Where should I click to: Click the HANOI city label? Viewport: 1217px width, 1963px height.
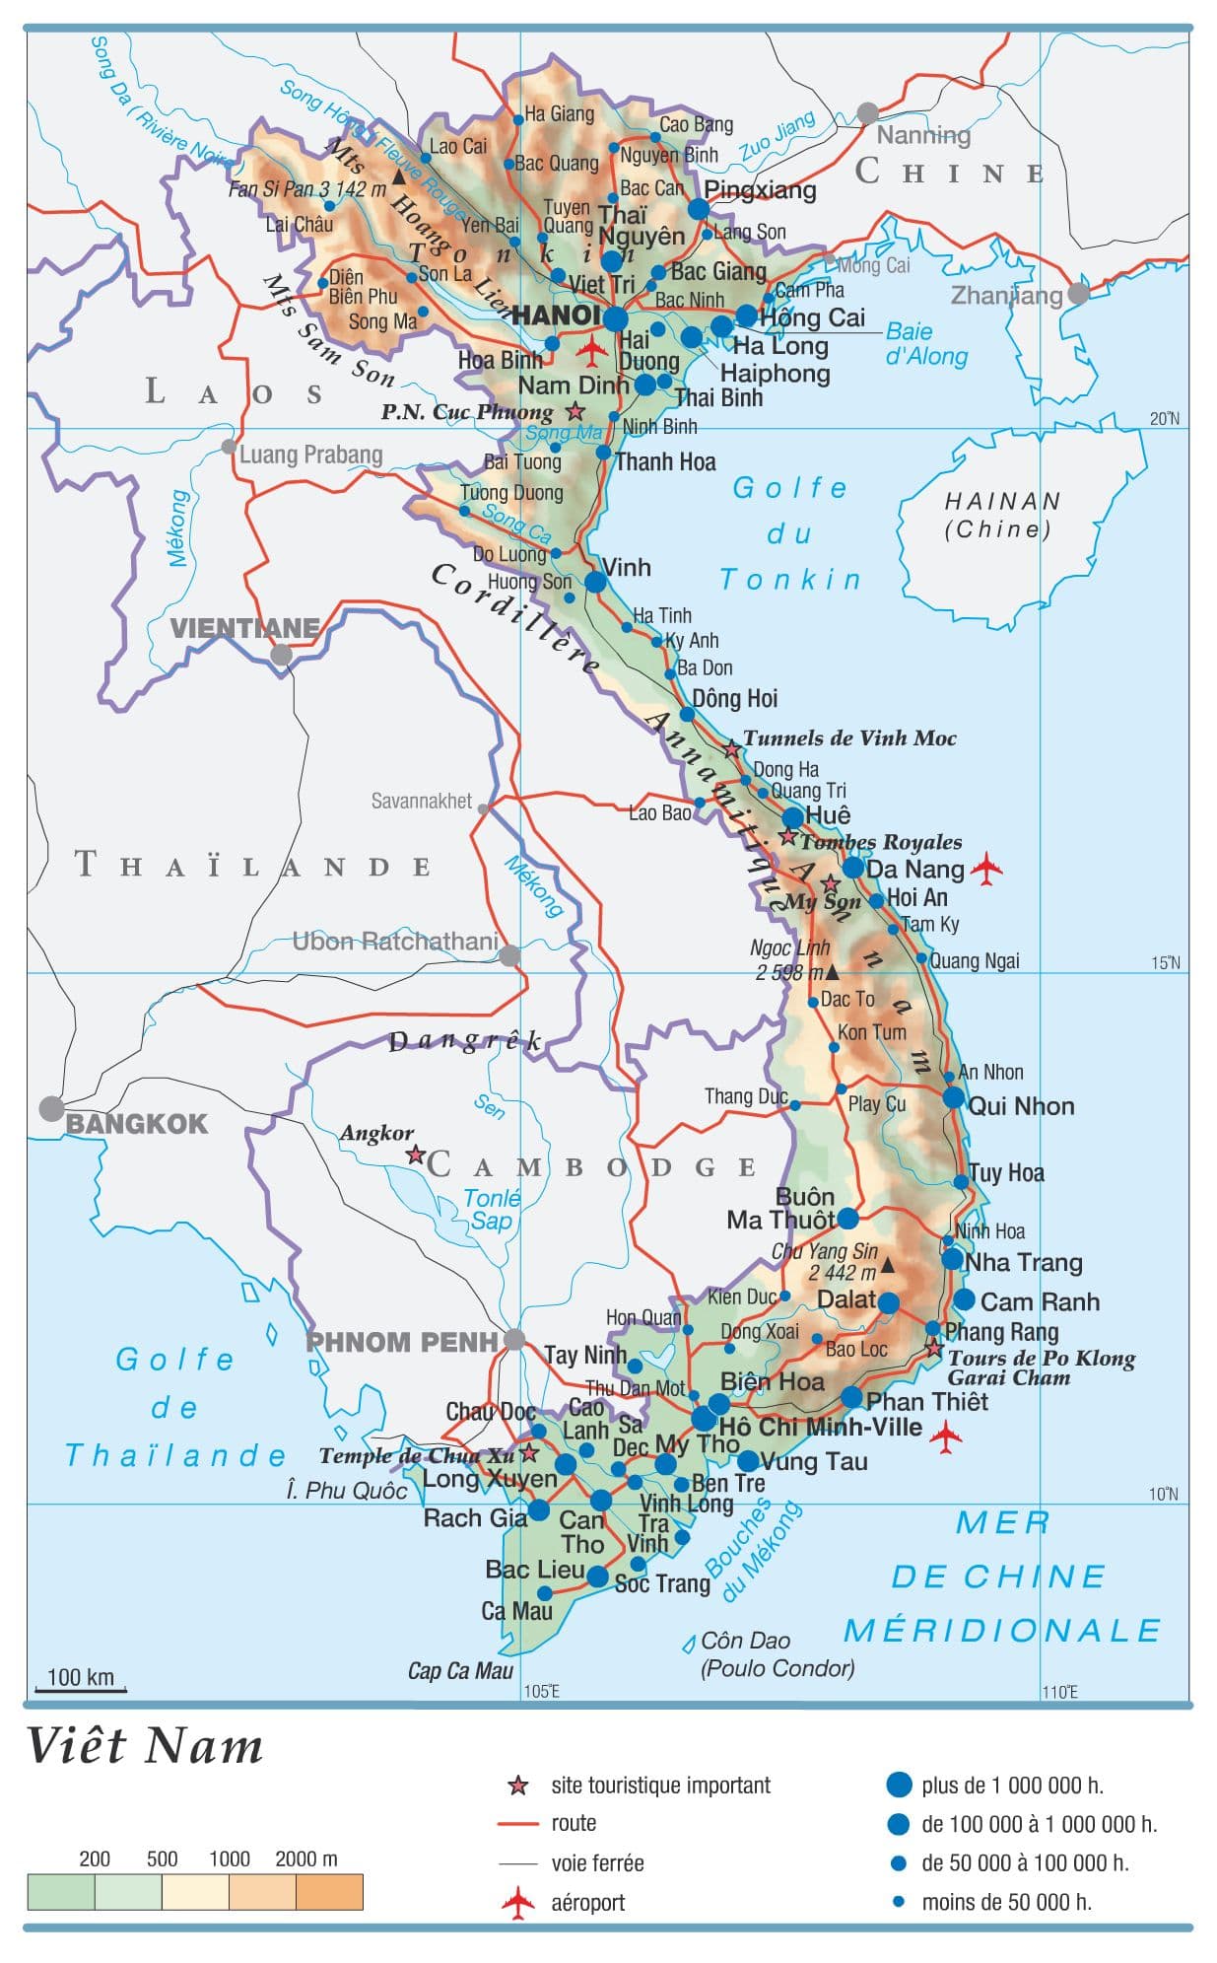[555, 315]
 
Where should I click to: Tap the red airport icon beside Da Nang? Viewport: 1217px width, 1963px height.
[986, 869]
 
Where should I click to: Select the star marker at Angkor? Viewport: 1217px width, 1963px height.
[416, 1154]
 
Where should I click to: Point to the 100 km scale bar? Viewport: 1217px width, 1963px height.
[81, 1690]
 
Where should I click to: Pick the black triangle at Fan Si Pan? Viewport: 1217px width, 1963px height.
[398, 176]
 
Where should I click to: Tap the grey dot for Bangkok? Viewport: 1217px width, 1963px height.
[51, 1108]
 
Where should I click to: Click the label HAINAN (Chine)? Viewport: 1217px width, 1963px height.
[1001, 515]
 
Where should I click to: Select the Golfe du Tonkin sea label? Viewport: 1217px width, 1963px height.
[790, 533]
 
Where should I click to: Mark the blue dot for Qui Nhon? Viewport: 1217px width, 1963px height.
[953, 1097]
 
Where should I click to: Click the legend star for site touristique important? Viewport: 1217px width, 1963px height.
[517, 1786]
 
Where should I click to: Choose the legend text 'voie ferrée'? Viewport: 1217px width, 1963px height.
[597, 1863]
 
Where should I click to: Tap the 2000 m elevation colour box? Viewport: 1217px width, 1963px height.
[329, 1892]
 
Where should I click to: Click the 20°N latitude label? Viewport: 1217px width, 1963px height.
[1164, 419]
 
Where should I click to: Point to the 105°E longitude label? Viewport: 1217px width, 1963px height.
[541, 1692]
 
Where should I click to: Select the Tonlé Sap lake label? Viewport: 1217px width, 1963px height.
[492, 1209]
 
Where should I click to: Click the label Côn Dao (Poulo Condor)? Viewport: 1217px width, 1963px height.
[777, 1654]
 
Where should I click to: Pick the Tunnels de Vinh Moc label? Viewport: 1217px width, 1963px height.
[848, 738]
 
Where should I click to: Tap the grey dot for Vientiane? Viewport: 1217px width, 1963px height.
[282, 655]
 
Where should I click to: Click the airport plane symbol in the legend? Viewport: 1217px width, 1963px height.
[517, 1903]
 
